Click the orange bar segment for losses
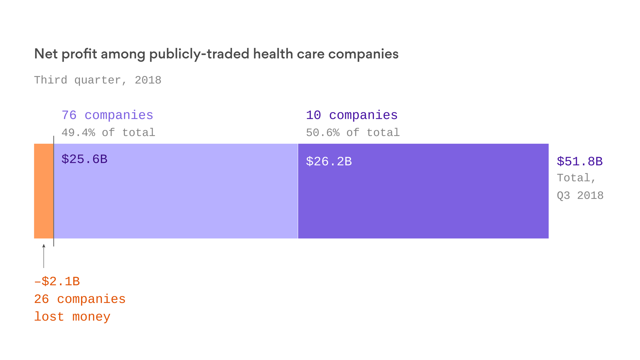pyautogui.click(x=44, y=191)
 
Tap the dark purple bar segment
pyautogui.click(x=423, y=200)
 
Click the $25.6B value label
pyautogui.click(x=84, y=159)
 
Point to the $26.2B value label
pyautogui.click(x=329, y=162)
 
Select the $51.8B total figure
pyautogui.click(x=580, y=162)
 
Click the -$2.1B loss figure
pyautogui.click(x=57, y=282)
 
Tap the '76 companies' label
pyautogui.click(x=107, y=115)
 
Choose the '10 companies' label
pyautogui.click(x=352, y=115)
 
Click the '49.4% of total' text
pyautogui.click(x=108, y=133)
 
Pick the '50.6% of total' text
pyautogui.click(x=353, y=133)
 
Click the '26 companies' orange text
pyautogui.click(x=80, y=299)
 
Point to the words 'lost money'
pyautogui.click(x=72, y=317)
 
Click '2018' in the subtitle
pyautogui.click(x=148, y=80)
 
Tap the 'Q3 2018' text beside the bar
pyautogui.click(x=580, y=195)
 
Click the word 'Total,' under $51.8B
pyautogui.click(x=576, y=178)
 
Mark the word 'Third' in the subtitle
pyautogui.click(x=51, y=80)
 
